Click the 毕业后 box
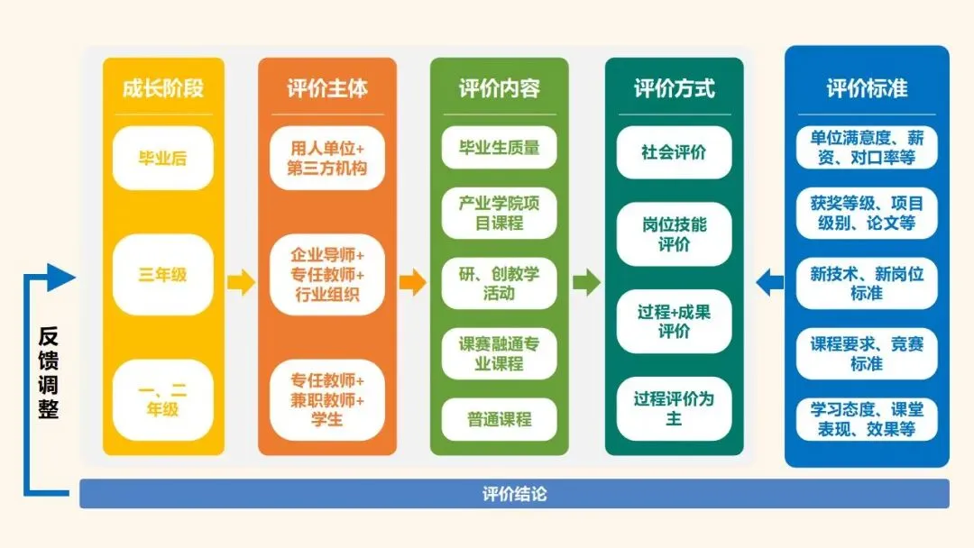(x=162, y=158)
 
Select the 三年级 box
(x=162, y=274)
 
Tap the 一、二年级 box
(x=162, y=400)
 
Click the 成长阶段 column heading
(x=162, y=88)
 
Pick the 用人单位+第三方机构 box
(x=327, y=158)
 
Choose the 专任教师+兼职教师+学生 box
(x=327, y=399)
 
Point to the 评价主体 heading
(x=327, y=88)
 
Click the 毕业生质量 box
(x=499, y=147)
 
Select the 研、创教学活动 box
(x=499, y=283)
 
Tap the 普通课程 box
(x=499, y=419)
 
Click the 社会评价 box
(x=674, y=151)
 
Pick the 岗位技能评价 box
(x=674, y=234)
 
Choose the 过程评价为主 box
(x=674, y=408)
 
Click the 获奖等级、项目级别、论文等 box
(x=866, y=213)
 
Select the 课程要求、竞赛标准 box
(x=866, y=353)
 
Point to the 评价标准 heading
(x=866, y=88)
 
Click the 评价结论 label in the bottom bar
(x=514, y=494)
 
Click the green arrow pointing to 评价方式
(x=586, y=283)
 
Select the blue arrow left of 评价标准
(x=769, y=283)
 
